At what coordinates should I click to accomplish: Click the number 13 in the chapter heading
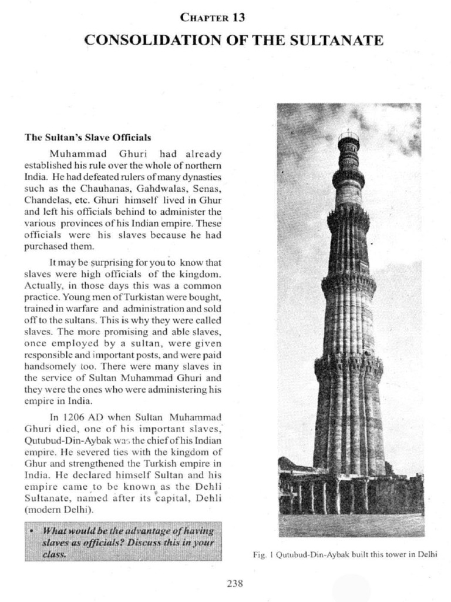238,18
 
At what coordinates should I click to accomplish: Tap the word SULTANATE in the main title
342,40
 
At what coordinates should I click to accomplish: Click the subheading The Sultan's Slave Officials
87,138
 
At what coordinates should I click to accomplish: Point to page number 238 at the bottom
234,583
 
